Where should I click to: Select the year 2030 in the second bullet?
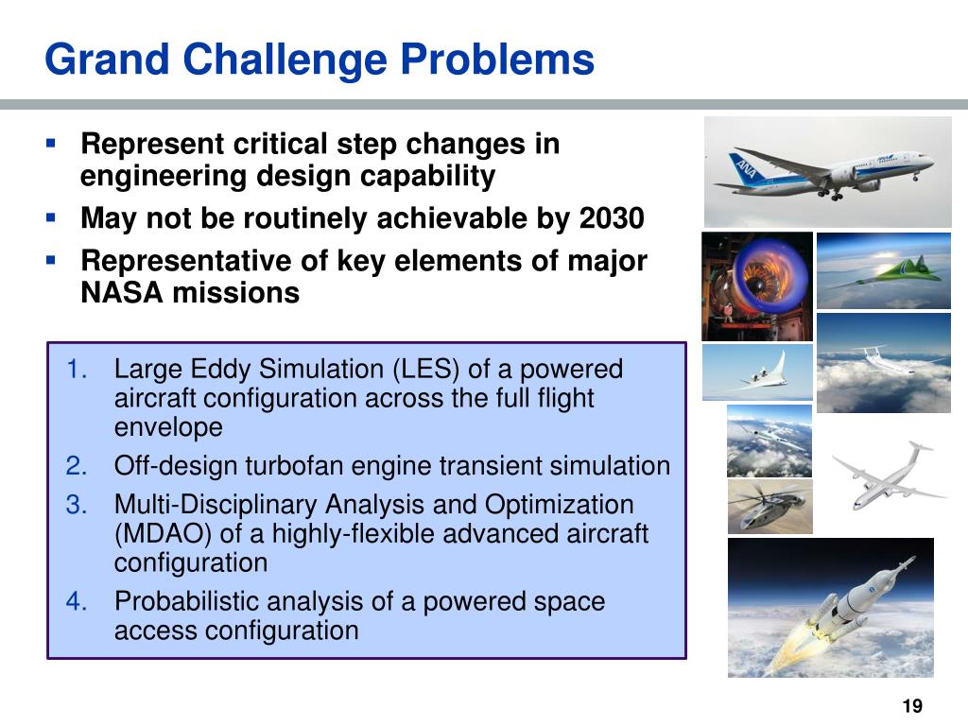click(x=611, y=218)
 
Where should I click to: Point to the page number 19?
click(x=912, y=706)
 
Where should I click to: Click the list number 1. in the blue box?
click(x=78, y=369)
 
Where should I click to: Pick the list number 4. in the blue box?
click(x=78, y=601)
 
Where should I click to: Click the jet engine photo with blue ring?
click(x=756, y=285)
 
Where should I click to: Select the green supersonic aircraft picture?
click(x=882, y=270)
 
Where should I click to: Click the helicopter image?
click(x=769, y=507)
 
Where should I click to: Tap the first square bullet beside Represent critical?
click(x=52, y=145)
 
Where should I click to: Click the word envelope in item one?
click(x=168, y=427)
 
